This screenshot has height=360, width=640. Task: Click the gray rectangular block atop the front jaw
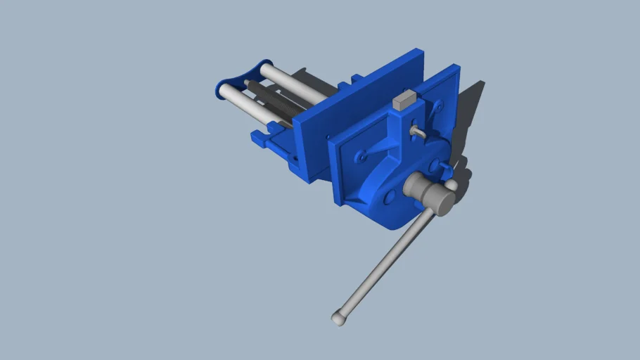pyautogui.click(x=403, y=101)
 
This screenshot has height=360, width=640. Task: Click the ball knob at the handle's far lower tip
pyautogui.click(x=338, y=319)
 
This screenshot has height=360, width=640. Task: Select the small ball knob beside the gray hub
pyautogui.click(x=451, y=186)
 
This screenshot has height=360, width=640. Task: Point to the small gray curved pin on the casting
pyautogui.click(x=418, y=131)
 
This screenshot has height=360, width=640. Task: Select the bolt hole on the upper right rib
pyautogui.click(x=437, y=106)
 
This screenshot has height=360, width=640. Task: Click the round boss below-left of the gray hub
pyautogui.click(x=388, y=200)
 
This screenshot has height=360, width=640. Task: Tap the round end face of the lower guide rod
pyautogui.click(x=224, y=91)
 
